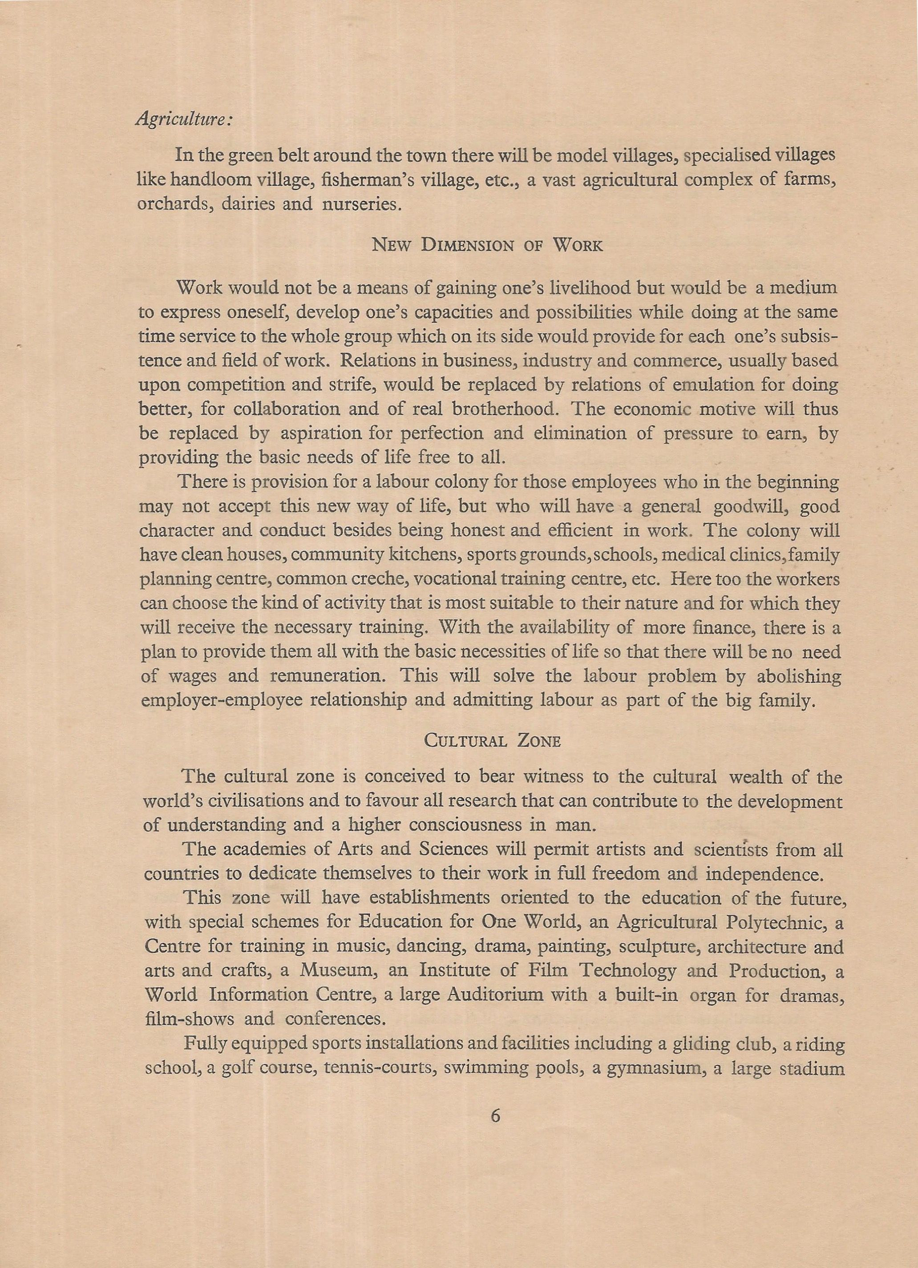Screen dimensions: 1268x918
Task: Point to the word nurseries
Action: [x=361, y=203]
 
